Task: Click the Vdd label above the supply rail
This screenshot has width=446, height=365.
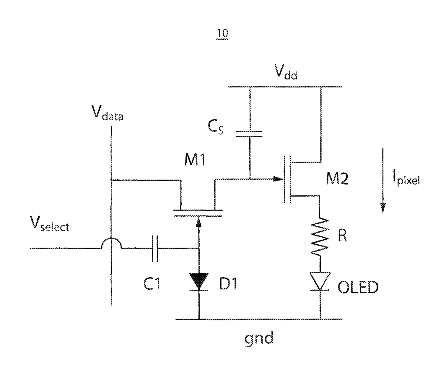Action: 286,72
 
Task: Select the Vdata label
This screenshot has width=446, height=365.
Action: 107,113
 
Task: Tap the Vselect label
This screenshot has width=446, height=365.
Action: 50,224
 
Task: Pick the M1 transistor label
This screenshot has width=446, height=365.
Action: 195,159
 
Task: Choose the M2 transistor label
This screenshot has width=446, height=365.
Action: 337,179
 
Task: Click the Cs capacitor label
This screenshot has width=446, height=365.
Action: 215,127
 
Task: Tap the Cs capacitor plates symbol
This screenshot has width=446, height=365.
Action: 249,134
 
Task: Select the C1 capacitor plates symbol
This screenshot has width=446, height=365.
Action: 155,249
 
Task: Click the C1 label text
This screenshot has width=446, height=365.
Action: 152,284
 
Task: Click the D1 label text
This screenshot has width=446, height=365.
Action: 228,284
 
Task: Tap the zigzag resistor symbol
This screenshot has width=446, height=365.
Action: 319,236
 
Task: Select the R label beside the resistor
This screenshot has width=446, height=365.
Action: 342,235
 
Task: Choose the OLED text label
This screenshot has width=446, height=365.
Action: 358,287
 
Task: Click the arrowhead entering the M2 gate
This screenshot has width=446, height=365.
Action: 278,179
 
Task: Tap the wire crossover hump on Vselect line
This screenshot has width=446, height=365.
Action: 111,242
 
